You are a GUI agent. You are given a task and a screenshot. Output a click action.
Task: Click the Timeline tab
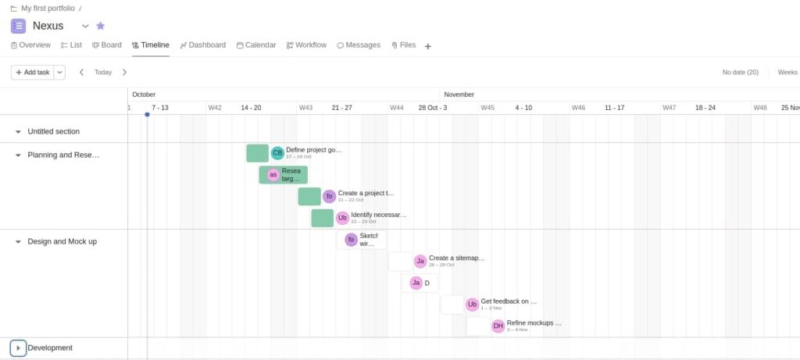150,45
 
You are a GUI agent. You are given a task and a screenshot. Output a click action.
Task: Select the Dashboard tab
202,45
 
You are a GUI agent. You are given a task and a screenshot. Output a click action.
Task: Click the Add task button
32,72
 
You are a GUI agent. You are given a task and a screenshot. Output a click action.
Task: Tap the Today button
103,72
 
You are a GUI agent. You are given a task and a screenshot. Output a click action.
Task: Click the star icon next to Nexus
100,26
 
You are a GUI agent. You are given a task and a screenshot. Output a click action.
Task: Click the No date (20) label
740,72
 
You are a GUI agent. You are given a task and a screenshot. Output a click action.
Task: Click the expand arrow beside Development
18,348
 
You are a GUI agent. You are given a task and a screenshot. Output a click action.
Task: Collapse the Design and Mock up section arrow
18,241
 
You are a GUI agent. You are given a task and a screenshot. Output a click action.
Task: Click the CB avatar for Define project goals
277,153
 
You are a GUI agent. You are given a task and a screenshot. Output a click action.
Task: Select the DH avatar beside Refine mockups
498,326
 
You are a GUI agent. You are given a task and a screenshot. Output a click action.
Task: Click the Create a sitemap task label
456,258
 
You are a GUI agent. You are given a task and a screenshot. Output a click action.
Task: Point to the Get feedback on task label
509,301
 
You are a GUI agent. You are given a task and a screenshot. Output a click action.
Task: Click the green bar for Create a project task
309,196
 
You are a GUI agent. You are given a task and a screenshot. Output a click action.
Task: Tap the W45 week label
487,108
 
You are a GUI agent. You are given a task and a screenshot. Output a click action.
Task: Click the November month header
459,94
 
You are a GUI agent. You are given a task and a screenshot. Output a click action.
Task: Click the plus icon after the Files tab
428,46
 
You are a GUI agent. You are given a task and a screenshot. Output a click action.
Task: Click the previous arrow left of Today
82,72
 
